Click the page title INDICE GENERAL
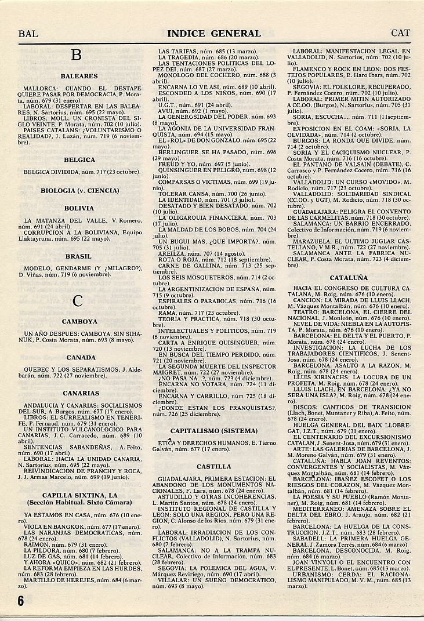point(214,34)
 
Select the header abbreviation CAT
point(401,34)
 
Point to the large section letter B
point(76,56)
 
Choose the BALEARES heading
point(79,76)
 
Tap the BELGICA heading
point(79,159)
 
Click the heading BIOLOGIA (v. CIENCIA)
point(80,190)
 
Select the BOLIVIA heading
point(79,208)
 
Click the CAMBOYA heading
point(79,321)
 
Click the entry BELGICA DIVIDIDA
point(51,172)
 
